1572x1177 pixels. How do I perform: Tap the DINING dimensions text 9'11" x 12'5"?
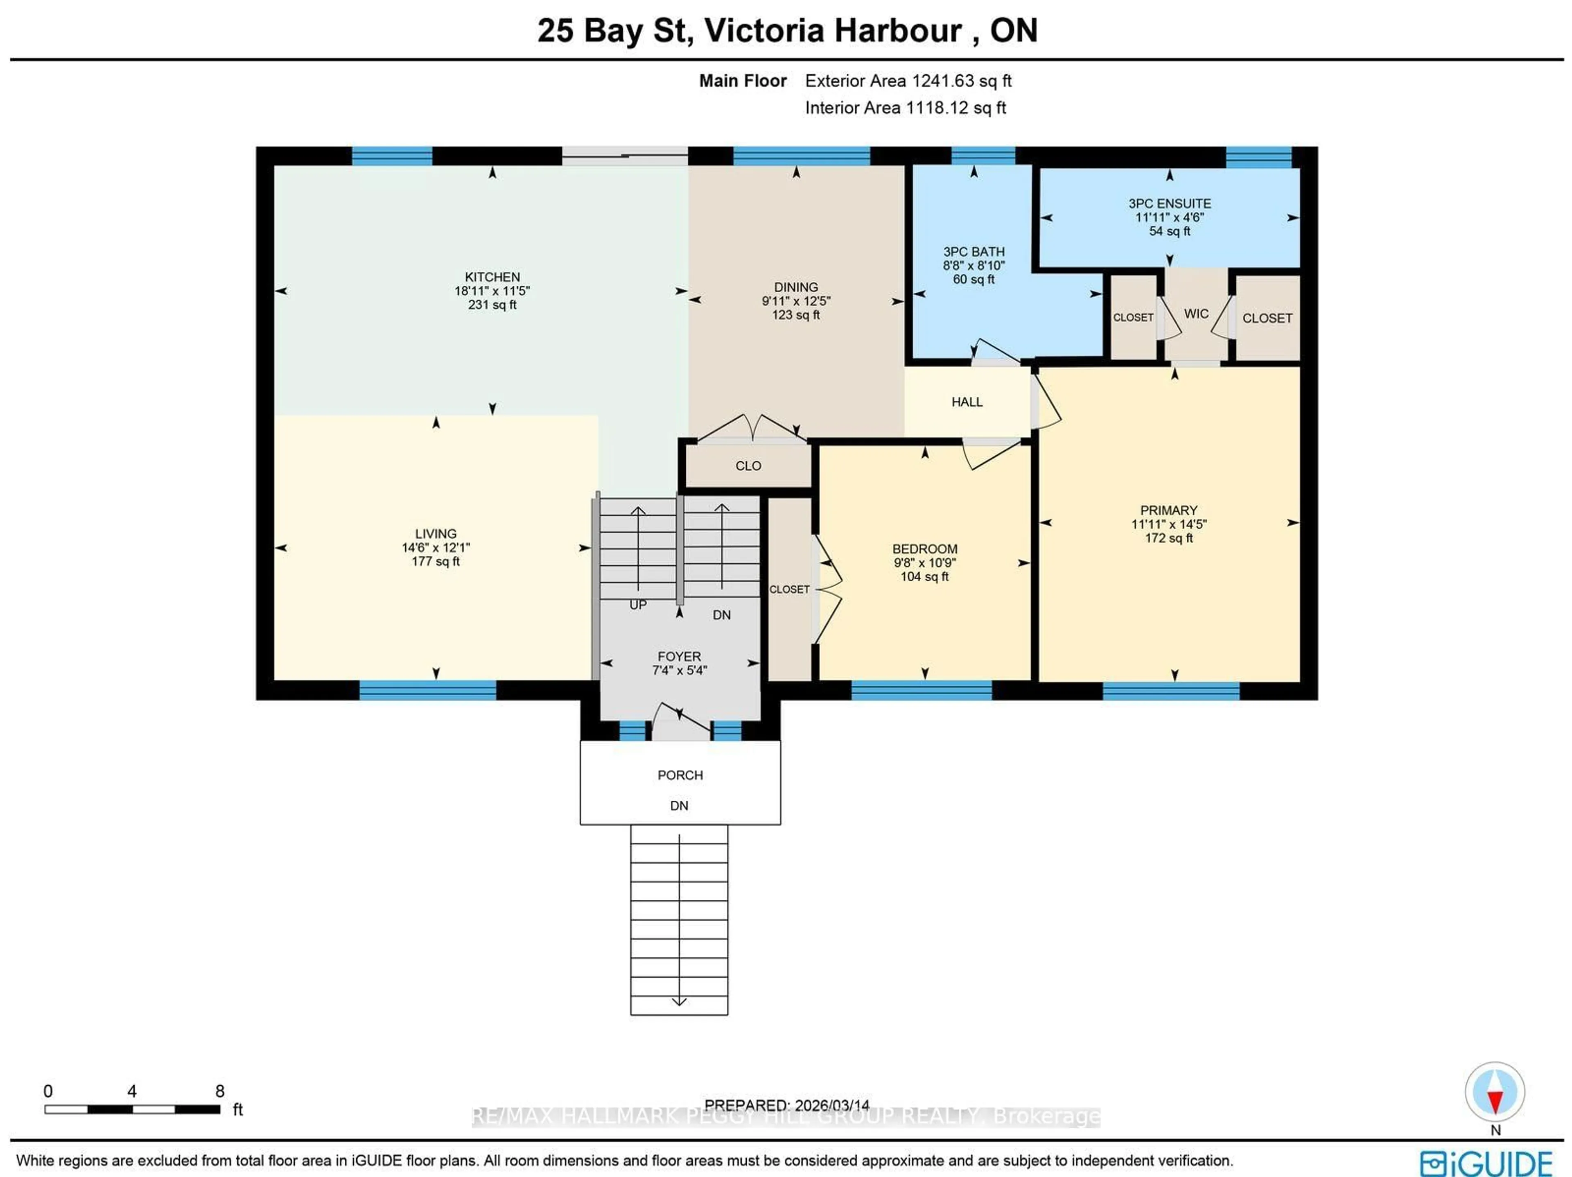pyautogui.click(x=795, y=300)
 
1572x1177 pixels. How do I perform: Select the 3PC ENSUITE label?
pyautogui.click(x=1169, y=203)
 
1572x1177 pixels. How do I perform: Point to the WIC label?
pyautogui.click(x=1196, y=314)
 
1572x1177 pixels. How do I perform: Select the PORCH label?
pyautogui.click(x=680, y=775)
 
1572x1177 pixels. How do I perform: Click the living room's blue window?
pyautogui.click(x=427, y=689)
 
